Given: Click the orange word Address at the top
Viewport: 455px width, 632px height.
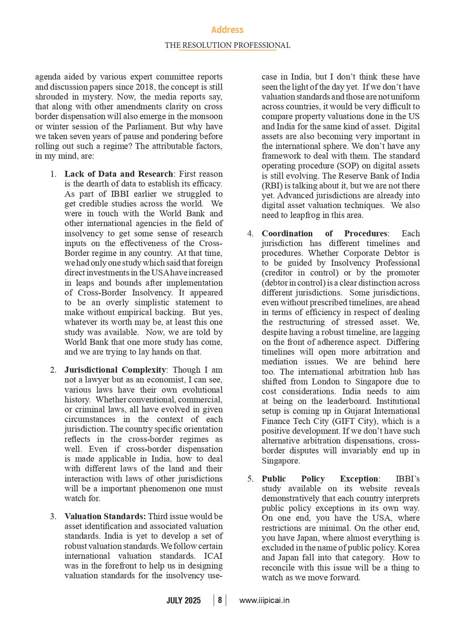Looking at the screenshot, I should (x=227, y=30).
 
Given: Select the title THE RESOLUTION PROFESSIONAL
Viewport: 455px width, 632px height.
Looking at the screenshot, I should (x=227, y=45).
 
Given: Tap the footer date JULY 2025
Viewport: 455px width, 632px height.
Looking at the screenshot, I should (x=184, y=600).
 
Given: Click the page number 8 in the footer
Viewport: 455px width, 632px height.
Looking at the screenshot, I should (x=220, y=600).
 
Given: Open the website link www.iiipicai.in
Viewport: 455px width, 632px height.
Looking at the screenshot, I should (x=264, y=600).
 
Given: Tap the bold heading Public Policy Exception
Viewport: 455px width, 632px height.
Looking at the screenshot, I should (x=320, y=479).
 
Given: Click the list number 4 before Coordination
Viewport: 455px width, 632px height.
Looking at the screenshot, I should (x=251, y=233).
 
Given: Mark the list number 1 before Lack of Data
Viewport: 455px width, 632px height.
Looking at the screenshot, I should (x=54, y=174).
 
